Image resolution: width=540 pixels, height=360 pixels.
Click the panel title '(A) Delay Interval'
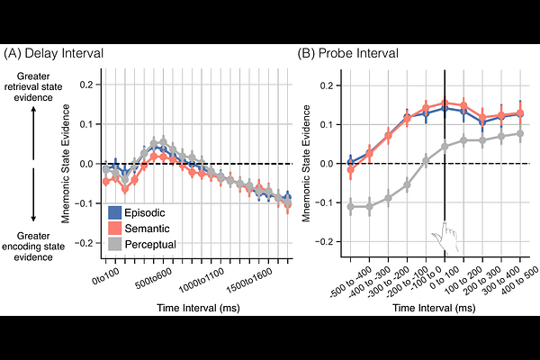coord(55,54)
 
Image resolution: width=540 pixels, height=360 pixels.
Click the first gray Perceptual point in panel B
coord(351,207)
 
